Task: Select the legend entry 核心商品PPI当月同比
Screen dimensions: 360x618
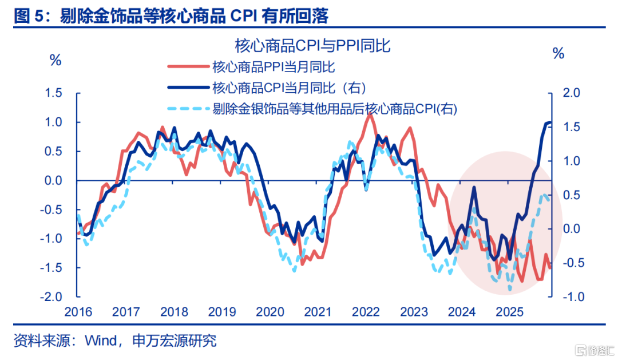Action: click(x=273, y=67)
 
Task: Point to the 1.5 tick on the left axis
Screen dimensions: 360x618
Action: click(x=57, y=93)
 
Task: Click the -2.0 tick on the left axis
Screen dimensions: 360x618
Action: click(x=55, y=297)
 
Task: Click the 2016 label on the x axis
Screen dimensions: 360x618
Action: click(x=78, y=312)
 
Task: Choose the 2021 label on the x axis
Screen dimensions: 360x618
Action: click(x=318, y=312)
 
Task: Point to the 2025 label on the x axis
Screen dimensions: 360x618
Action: click(x=510, y=312)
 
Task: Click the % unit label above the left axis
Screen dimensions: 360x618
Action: click(x=56, y=60)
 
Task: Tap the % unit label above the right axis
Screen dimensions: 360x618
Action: click(x=558, y=54)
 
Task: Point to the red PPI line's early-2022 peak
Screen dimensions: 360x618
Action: click(x=371, y=114)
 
